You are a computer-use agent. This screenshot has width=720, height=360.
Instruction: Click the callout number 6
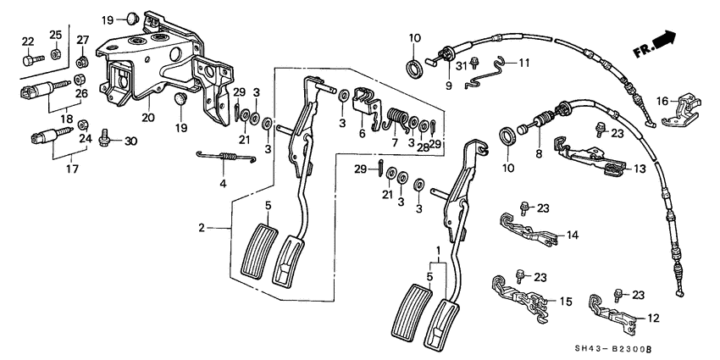pos(363,135)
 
